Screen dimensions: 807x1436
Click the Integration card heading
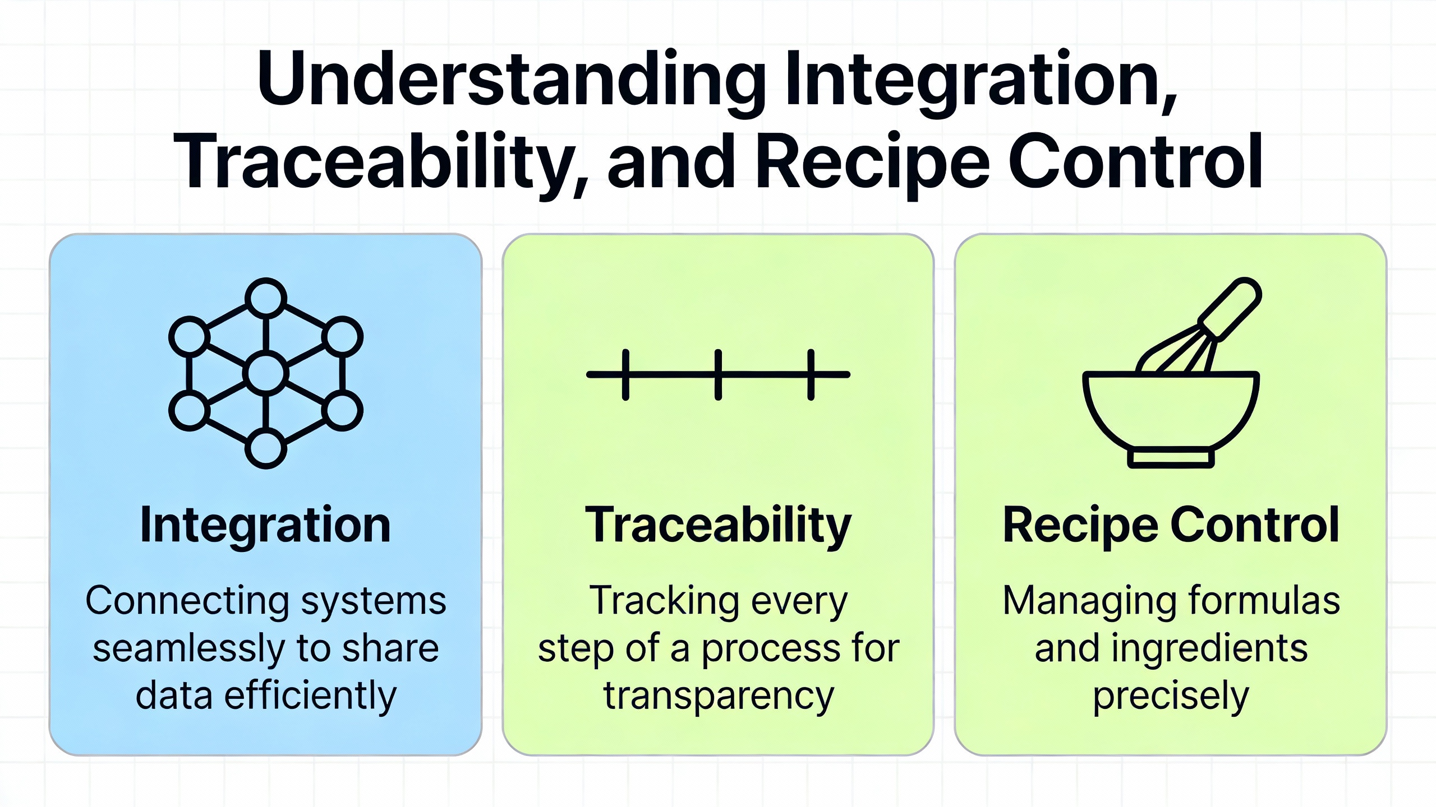pos(265,525)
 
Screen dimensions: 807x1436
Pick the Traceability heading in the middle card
pos(718,525)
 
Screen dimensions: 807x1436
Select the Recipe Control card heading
pos(1171,525)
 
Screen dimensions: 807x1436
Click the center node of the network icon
pos(266,374)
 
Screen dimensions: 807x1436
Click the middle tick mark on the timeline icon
pos(718,374)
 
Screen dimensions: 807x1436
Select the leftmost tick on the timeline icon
pos(625,374)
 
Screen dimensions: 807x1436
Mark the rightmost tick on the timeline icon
pos(811,374)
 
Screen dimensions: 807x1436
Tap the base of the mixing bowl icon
pos(1171,458)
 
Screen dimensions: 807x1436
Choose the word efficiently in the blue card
pos(310,696)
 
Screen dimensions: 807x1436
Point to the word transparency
pos(719,696)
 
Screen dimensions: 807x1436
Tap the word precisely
pos(1171,696)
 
